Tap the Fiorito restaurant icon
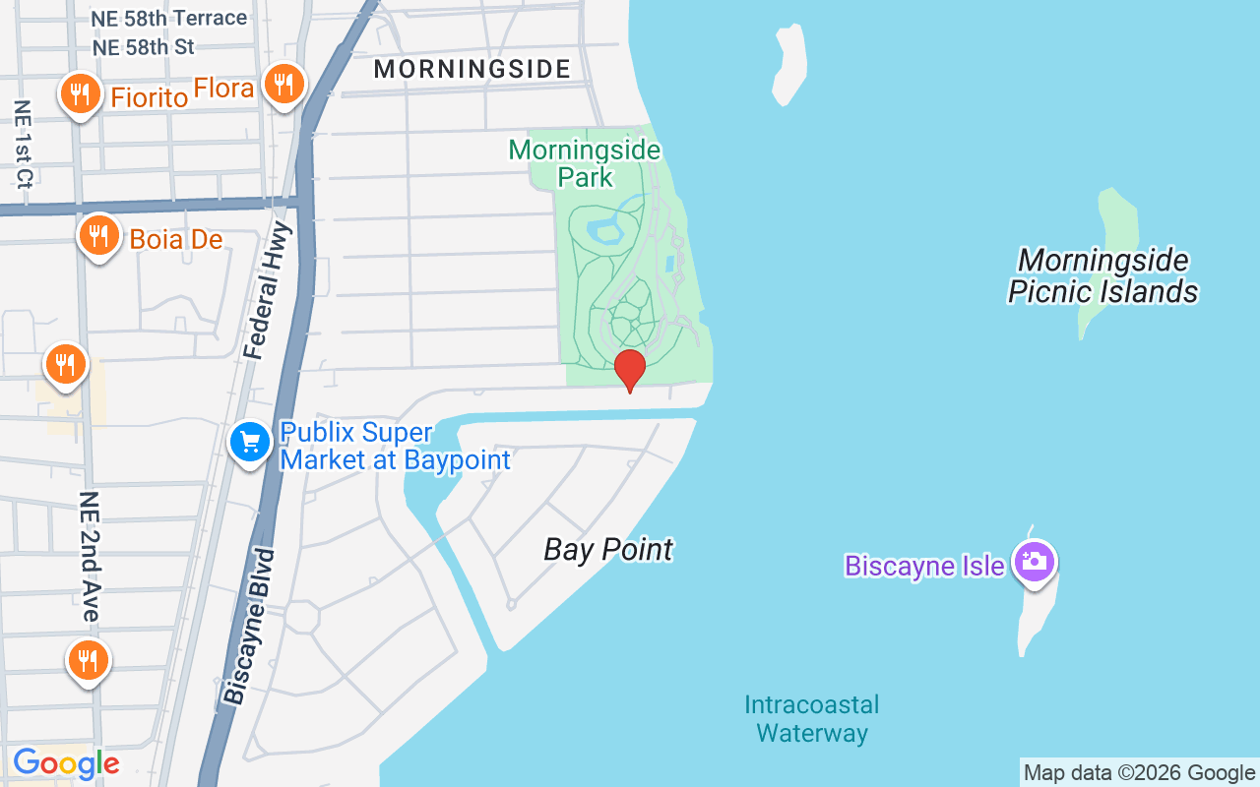[77, 94]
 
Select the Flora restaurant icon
[283, 85]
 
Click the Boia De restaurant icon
[98, 236]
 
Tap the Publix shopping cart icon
[250, 442]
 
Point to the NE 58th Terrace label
[168, 18]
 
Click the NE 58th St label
[143, 46]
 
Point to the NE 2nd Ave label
[89, 557]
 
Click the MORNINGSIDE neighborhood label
[472, 69]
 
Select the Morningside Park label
[585, 163]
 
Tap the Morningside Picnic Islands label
[1102, 275]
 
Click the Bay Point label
[608, 549]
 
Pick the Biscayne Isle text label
[924, 566]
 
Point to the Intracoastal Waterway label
[811, 719]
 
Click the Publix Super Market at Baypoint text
[396, 447]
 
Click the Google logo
[66, 763]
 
